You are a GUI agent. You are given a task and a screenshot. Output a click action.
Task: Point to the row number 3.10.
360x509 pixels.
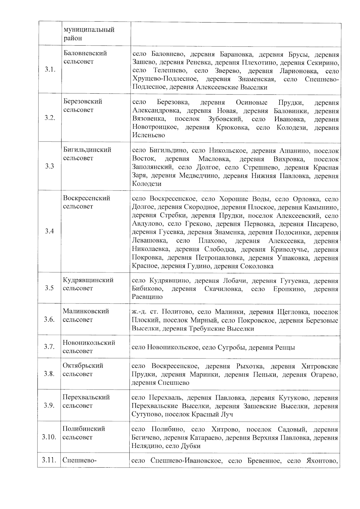point(49,437)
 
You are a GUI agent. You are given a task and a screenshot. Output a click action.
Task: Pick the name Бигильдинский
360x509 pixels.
point(87,150)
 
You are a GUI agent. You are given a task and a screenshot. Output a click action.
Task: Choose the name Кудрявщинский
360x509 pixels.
point(88,280)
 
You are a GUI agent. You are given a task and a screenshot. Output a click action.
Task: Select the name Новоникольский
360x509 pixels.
point(89,343)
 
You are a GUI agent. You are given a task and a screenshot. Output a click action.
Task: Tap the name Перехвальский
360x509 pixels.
point(86,397)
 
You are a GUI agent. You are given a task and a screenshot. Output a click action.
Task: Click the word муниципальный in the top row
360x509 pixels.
point(89,30)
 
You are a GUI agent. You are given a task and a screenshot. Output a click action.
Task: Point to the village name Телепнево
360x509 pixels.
point(169,71)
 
